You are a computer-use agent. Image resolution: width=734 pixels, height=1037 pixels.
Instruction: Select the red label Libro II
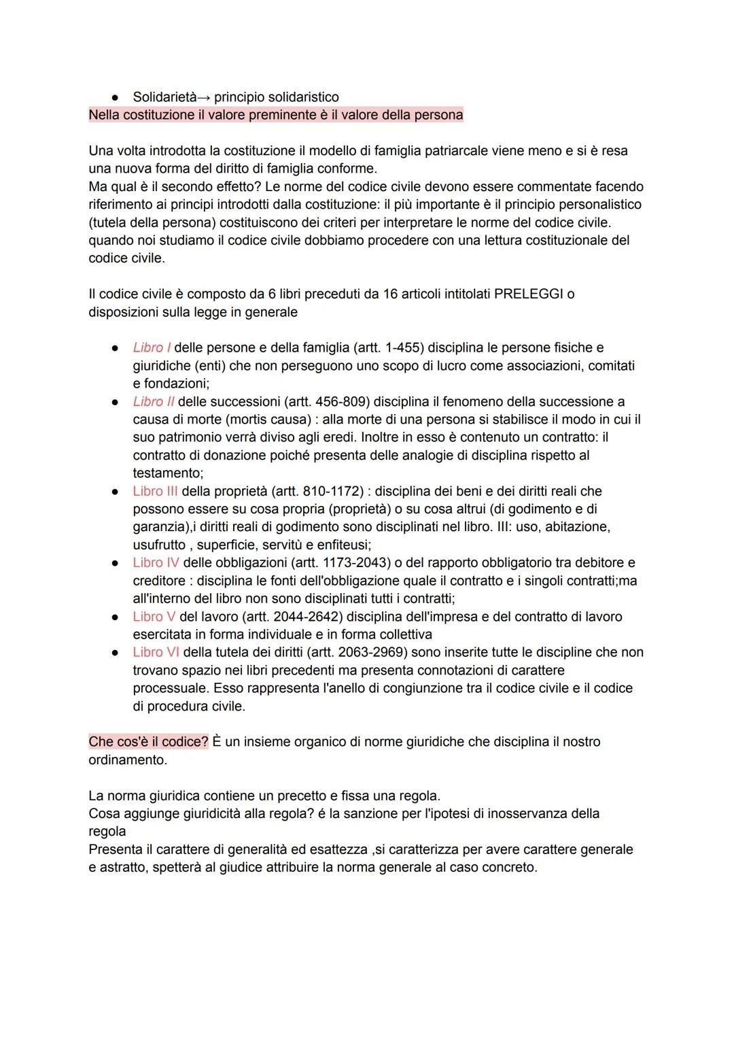click(x=154, y=401)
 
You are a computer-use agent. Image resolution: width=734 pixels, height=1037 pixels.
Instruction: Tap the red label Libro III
click(x=155, y=491)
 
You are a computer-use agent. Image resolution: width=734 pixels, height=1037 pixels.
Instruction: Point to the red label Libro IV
click(x=156, y=562)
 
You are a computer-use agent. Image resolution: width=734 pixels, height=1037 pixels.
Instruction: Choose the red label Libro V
click(x=154, y=616)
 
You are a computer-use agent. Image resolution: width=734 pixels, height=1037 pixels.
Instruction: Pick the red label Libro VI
click(x=156, y=652)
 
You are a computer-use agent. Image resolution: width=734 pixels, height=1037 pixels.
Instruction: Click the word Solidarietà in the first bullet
click(x=164, y=97)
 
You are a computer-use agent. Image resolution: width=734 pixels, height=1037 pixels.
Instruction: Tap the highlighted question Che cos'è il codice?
click(x=148, y=741)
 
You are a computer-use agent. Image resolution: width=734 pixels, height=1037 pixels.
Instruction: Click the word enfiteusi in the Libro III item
click(x=343, y=545)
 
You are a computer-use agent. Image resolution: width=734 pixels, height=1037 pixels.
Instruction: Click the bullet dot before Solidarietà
click(x=116, y=97)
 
